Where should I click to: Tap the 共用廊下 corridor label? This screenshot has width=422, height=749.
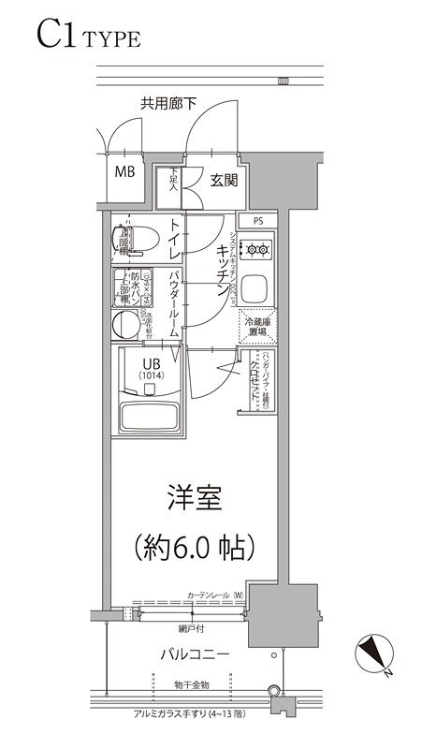click(x=168, y=104)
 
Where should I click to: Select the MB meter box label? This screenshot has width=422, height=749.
click(x=124, y=172)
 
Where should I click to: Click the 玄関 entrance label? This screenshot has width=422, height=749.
click(x=223, y=180)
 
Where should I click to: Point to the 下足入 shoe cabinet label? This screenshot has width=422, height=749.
click(x=174, y=180)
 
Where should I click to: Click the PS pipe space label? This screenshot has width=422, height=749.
click(x=256, y=221)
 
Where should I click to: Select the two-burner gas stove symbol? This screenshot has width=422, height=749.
click(x=255, y=249)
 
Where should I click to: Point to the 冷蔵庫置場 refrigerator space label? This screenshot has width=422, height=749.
click(x=255, y=326)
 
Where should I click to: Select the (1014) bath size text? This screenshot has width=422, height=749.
click(x=152, y=376)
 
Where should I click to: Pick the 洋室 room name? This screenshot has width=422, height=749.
click(x=195, y=499)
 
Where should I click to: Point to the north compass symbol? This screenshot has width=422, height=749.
click(x=374, y=653)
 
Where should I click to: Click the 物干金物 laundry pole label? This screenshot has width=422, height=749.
click(x=191, y=687)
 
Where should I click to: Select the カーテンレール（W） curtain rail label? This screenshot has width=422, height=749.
click(x=215, y=595)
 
